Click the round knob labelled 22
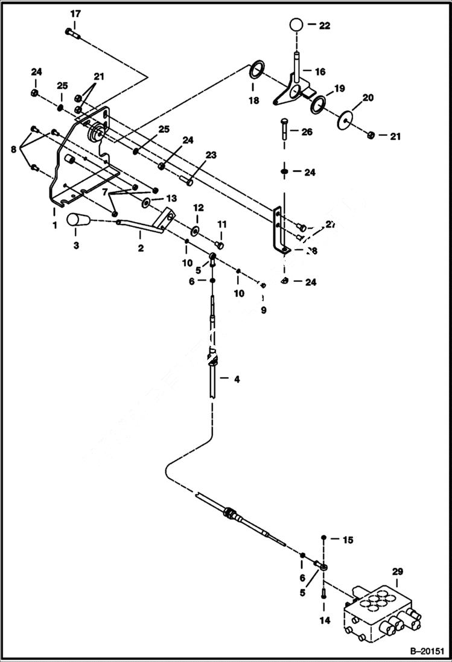296,25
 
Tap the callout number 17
75,13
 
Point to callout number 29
397,571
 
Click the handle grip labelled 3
77,221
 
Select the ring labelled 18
256,71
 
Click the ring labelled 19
319,104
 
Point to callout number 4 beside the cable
237,380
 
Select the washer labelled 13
147,200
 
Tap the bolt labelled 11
219,244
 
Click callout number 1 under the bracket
54,224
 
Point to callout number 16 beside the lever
320,71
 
